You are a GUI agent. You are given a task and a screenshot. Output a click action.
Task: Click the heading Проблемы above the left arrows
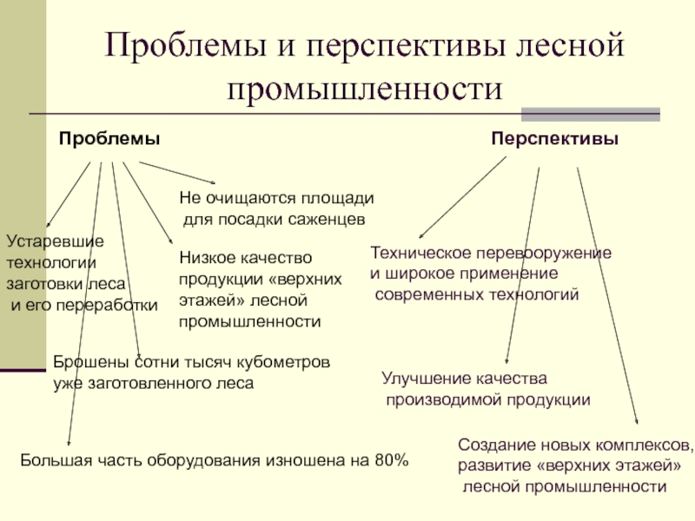click(109, 139)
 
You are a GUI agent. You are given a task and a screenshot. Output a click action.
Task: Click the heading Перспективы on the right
click(555, 139)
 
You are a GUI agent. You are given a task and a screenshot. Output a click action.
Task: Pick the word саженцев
click(334, 220)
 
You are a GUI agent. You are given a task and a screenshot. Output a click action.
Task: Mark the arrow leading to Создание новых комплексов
click(608, 295)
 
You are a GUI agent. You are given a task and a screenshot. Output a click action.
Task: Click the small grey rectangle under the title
click(590, 113)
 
